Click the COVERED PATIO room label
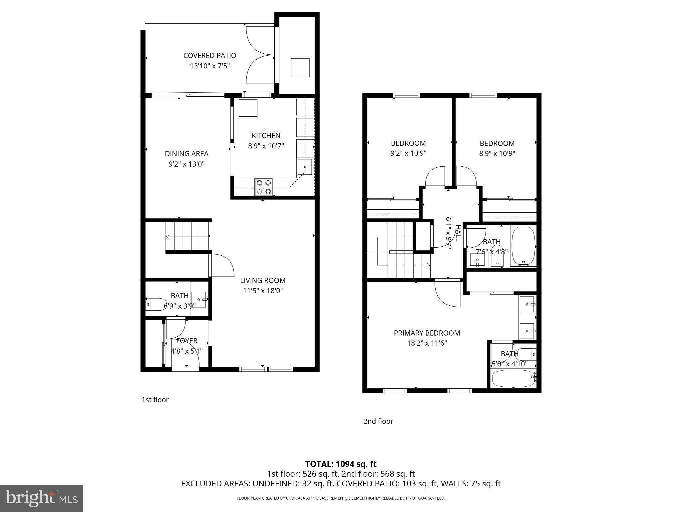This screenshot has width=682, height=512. (x=210, y=56)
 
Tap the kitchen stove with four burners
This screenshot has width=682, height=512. (x=264, y=187)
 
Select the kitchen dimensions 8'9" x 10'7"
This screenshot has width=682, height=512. (x=266, y=146)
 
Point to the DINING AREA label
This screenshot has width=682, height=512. (x=186, y=154)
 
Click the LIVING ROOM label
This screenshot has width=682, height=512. (x=263, y=281)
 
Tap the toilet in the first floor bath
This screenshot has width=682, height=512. (x=155, y=304)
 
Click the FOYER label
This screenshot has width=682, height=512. (x=186, y=341)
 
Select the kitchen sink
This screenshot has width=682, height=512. (x=305, y=167)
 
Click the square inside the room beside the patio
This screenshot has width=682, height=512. (x=300, y=68)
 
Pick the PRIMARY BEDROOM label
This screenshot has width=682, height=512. (x=427, y=333)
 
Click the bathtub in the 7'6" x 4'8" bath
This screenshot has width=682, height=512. (x=523, y=247)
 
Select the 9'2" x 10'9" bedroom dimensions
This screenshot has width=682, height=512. (x=408, y=154)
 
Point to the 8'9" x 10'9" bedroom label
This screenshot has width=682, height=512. (x=497, y=144)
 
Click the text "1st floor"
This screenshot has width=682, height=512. (x=155, y=400)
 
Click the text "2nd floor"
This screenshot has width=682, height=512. (x=378, y=421)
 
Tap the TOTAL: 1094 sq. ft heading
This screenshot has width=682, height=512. (x=341, y=464)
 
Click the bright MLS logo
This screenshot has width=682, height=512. (x=42, y=498)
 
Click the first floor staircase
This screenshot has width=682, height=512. (x=187, y=237)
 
